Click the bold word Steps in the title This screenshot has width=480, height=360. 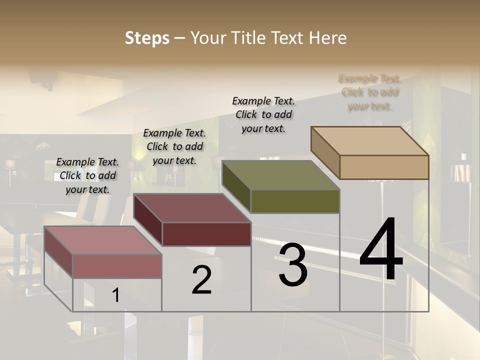coord(147,38)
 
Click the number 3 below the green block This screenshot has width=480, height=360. coord(293,265)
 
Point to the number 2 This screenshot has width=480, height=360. coord(201,280)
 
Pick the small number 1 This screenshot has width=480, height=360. coord(115,295)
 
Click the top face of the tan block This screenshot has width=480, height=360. coord(369,141)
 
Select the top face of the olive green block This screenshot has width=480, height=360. coord(280,175)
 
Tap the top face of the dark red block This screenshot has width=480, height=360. coord(192,208)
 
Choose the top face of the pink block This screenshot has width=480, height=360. coord(103,240)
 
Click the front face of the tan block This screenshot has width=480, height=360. coord(384,167)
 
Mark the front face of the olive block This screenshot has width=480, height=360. coord(295,201)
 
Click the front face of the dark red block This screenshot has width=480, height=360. coord(206,234)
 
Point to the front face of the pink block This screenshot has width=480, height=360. coord(117,266)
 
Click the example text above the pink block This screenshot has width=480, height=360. coord(87,175)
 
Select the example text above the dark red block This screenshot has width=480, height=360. coord(174,146)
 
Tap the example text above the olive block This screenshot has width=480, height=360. coord(263,114)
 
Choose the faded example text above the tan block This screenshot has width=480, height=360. coord(370,92)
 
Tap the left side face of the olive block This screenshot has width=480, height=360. coord(236,187)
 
